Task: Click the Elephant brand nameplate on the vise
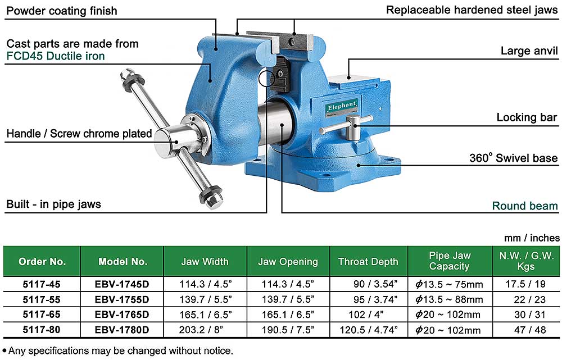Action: tap(342, 107)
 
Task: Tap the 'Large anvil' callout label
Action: tap(529, 51)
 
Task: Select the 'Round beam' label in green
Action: tap(525, 206)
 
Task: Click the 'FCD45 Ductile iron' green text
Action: tap(56, 56)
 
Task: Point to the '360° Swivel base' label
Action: tap(513, 158)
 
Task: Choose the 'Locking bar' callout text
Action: tap(527, 117)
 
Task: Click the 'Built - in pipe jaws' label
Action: tap(54, 204)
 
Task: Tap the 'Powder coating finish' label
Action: tap(62, 11)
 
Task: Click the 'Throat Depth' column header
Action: tap(368, 262)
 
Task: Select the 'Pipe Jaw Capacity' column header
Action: tap(450, 261)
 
